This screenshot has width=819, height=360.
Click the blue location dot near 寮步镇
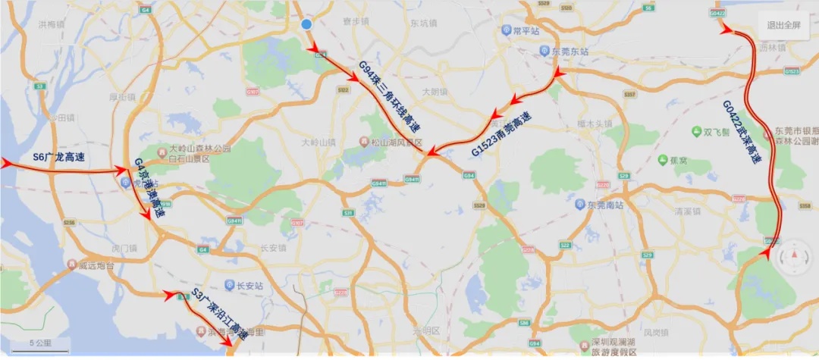click(x=306, y=25)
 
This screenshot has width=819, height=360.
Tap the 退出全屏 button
click(x=783, y=25)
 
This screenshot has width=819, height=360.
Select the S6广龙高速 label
click(x=59, y=158)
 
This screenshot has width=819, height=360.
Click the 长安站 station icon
click(x=230, y=285)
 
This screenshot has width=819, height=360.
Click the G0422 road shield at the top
click(x=717, y=14)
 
